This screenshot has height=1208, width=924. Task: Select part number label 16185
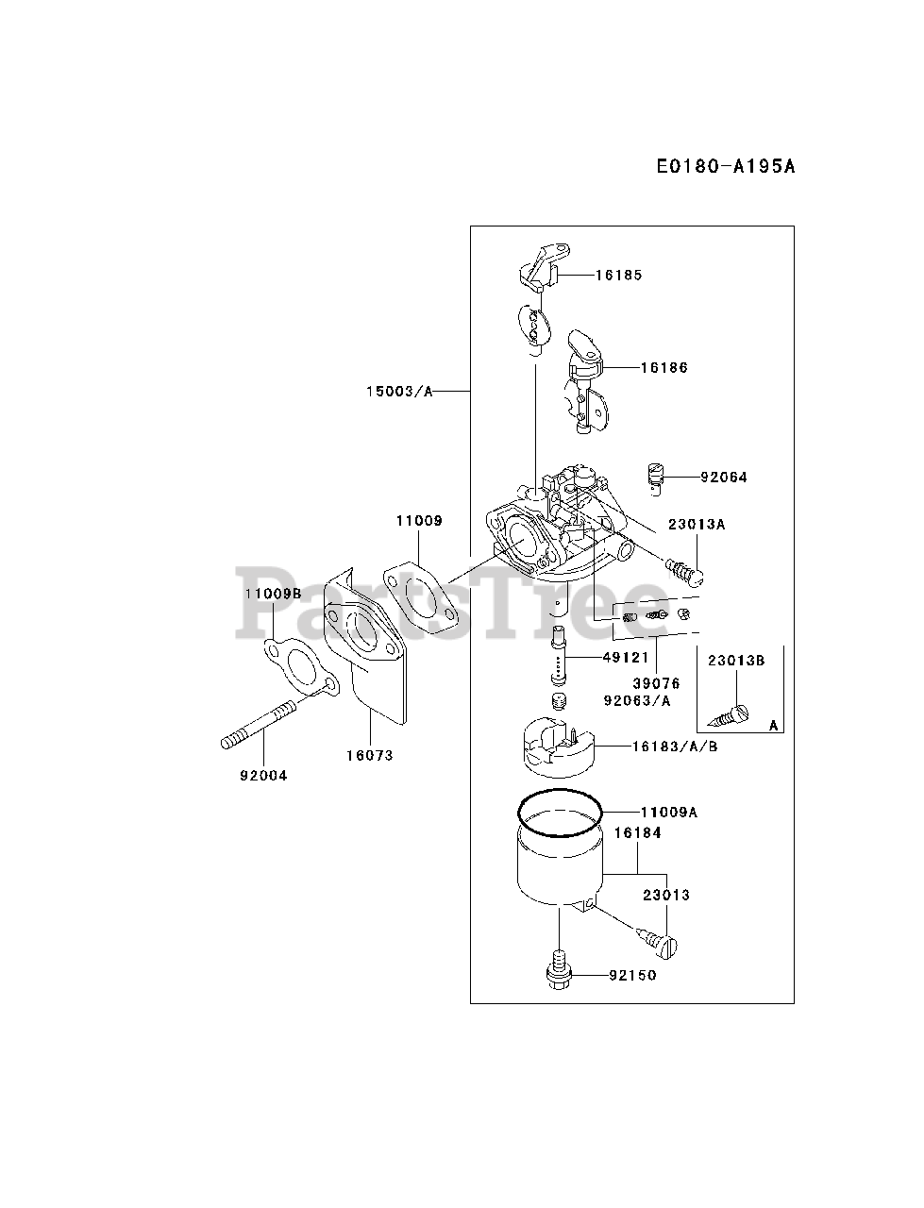point(618,276)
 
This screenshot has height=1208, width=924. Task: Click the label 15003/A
point(401,391)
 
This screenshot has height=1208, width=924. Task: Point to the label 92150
point(632,975)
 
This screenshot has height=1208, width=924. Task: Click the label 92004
point(263,775)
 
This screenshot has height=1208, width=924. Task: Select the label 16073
point(369,755)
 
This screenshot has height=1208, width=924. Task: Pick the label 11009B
point(273,594)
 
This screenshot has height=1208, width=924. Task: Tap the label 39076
point(657,683)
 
